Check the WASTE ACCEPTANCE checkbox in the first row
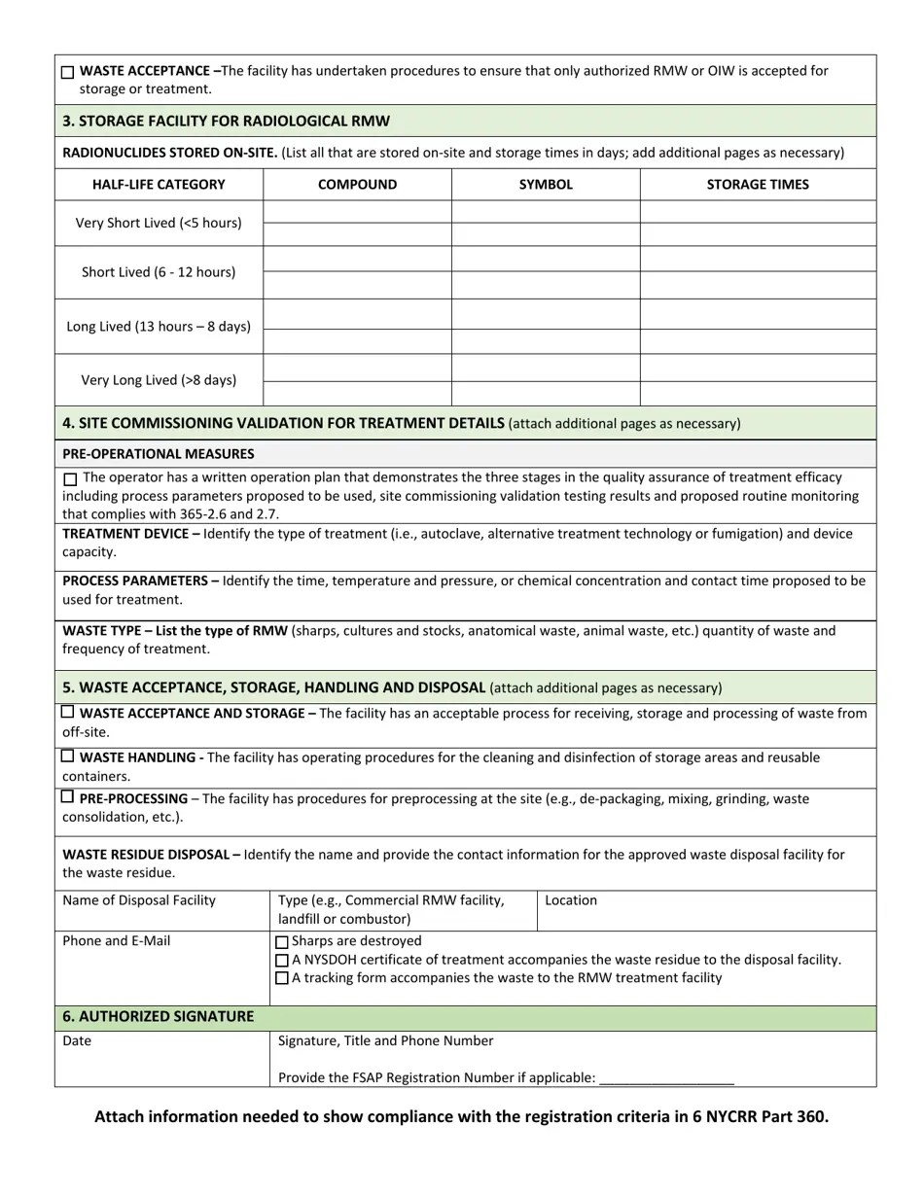click(x=67, y=73)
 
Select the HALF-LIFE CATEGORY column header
click(x=159, y=185)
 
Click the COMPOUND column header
click(x=357, y=185)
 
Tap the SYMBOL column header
click(x=546, y=185)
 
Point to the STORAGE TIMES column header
click(x=758, y=185)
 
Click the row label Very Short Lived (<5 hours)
click(x=159, y=224)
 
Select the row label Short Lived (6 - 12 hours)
click(x=159, y=272)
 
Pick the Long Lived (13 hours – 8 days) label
click(x=159, y=327)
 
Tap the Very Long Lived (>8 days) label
click(x=159, y=380)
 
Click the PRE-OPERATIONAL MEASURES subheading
click(x=159, y=454)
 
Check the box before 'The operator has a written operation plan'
click(x=70, y=479)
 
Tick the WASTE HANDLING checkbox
click(x=67, y=756)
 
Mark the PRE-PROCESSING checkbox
click(x=67, y=797)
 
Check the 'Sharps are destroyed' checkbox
click(x=282, y=942)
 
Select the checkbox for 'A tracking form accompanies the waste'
click(x=282, y=978)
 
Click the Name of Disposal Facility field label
click(x=139, y=900)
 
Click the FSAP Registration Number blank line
click(x=667, y=1077)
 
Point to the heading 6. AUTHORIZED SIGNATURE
click(x=159, y=1017)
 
